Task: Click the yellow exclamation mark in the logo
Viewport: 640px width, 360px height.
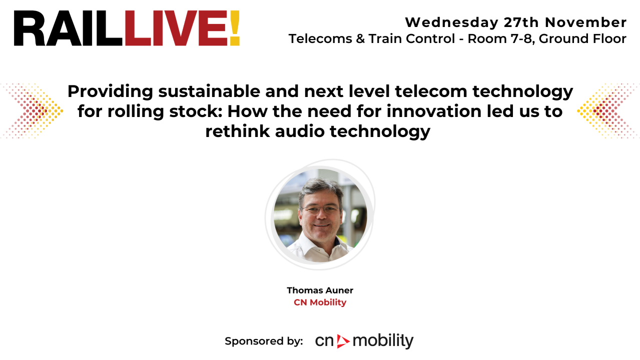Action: [x=235, y=28]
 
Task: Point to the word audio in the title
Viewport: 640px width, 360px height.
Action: [x=298, y=131]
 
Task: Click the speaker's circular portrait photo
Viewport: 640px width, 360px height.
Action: [x=320, y=215]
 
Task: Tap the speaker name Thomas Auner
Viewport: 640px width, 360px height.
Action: [x=320, y=290]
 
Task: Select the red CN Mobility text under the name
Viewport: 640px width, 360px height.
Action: [x=320, y=302]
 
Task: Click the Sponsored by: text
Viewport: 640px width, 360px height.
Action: [x=264, y=341]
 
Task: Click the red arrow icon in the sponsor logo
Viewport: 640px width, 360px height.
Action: [x=343, y=341]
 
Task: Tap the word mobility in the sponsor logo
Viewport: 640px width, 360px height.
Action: [x=383, y=341]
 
